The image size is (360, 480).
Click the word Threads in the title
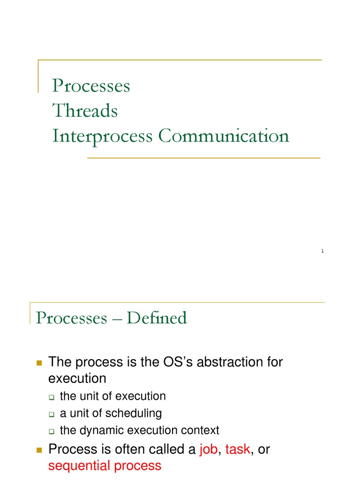[x=85, y=111]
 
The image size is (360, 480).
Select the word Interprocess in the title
[x=102, y=136]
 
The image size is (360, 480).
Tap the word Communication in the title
[x=224, y=136]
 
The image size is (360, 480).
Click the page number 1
[x=322, y=252]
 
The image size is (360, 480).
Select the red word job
[x=208, y=450]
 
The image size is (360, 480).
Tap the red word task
[x=238, y=450]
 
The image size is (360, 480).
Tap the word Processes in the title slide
[x=91, y=86]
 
